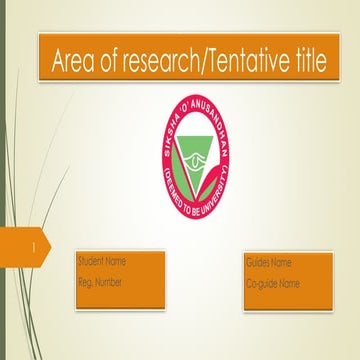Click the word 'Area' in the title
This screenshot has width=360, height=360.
[77, 62]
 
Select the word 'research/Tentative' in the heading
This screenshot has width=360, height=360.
[190, 62]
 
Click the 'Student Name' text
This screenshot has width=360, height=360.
[102, 262]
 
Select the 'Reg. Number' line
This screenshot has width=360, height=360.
[100, 283]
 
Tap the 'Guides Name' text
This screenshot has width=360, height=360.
[268, 263]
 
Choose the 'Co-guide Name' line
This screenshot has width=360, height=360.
[273, 284]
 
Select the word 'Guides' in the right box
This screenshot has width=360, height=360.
[258, 263]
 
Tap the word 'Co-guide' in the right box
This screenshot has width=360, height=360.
[261, 284]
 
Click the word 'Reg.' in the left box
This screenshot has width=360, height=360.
[85, 283]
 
